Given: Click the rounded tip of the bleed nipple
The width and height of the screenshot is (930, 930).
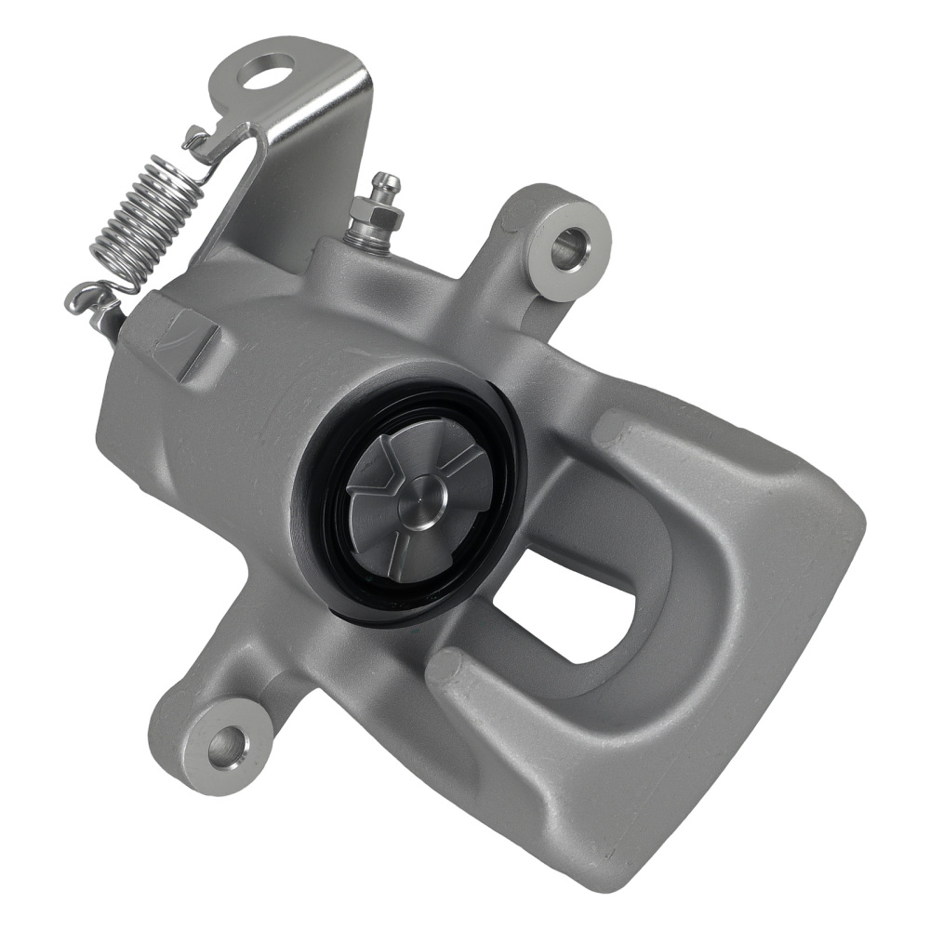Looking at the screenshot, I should tap(388, 182).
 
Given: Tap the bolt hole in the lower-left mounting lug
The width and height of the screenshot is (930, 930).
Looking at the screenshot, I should tap(226, 745).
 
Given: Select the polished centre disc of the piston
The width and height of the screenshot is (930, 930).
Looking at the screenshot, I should tap(427, 500).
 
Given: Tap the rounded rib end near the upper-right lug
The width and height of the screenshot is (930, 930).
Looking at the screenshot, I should tap(611, 429).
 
